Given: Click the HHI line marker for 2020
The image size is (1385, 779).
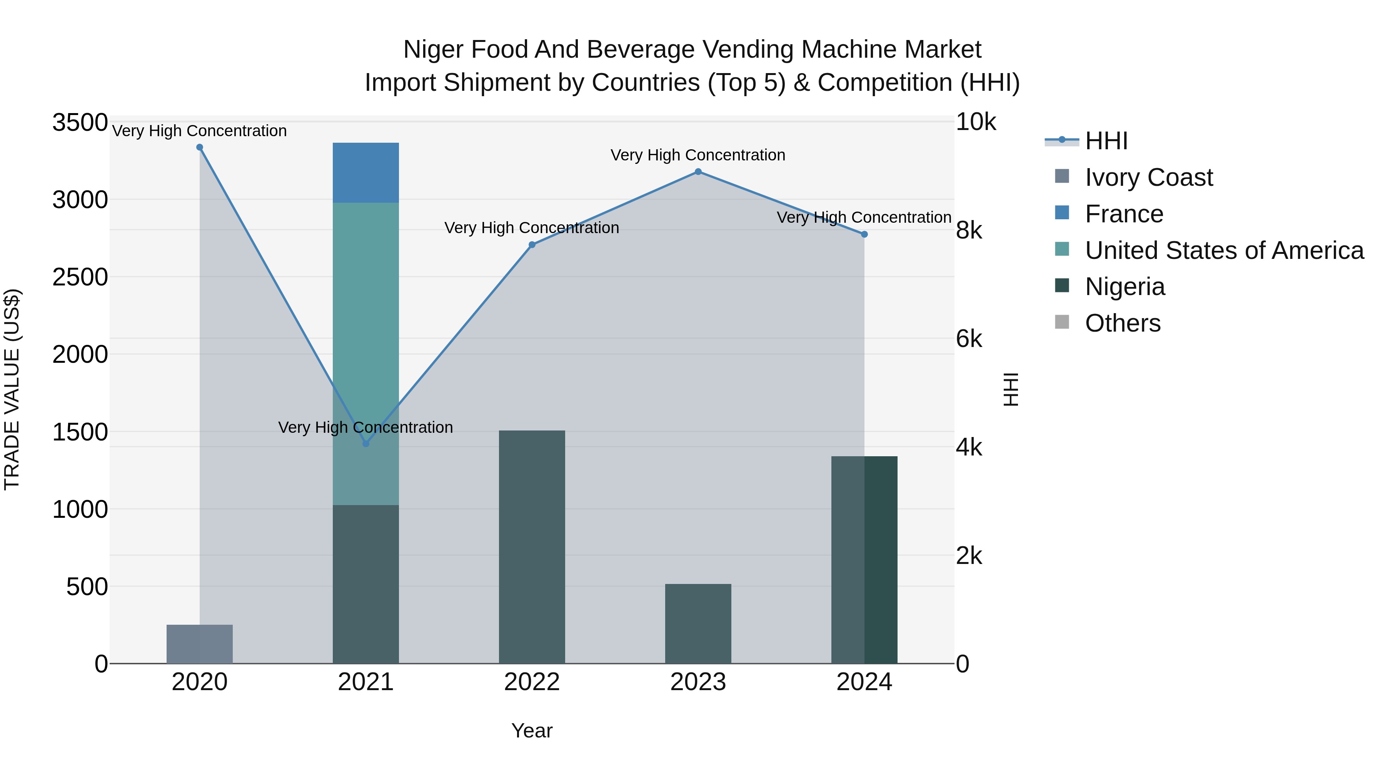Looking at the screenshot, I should point(199,147).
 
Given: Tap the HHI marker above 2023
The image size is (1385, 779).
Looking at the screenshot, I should point(698,172).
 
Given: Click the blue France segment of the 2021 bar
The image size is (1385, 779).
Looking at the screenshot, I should point(365,173).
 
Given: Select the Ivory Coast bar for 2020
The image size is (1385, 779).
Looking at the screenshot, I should point(199,644).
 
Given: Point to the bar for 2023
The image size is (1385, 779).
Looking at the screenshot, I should point(698,624).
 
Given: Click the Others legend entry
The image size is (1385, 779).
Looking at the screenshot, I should point(1123,323).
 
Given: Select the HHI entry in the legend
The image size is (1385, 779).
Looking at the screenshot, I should point(1106,141).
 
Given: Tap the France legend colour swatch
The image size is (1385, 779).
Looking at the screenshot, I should point(1062,213).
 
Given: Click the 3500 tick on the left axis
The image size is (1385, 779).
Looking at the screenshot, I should point(80,123).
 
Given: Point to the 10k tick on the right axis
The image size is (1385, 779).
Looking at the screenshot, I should point(975,123).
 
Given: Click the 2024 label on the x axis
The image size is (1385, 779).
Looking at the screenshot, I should point(864,682).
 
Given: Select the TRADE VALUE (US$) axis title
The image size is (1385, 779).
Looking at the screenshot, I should point(12,389).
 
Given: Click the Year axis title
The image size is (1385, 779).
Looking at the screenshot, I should point(532,731).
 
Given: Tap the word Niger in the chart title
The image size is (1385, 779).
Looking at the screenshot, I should point(433,50).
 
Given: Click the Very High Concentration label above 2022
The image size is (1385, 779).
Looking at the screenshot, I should point(532,228).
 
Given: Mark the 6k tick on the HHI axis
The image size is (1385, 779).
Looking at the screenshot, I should point(969,339).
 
